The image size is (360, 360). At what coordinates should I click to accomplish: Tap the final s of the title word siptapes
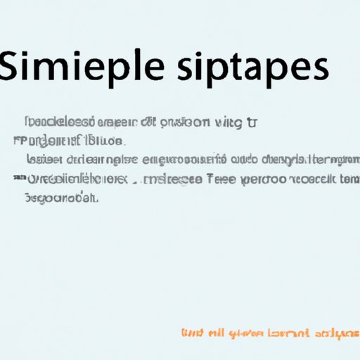[x=318, y=75]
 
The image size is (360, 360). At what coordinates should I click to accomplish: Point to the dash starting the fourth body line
[x=16, y=179]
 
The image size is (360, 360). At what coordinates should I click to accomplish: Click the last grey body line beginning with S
[x=59, y=199]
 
